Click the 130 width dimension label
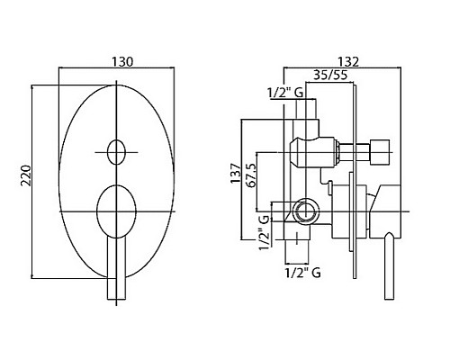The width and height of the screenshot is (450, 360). click(122, 62)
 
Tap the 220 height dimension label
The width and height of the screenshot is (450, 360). click(26, 175)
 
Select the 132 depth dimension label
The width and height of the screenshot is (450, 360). click(348, 62)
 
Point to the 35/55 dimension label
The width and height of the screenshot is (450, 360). click(330, 75)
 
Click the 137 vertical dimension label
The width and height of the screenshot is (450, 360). click(236, 174)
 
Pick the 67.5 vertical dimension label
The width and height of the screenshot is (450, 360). click(251, 175)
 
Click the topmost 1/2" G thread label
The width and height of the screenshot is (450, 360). click(285, 93)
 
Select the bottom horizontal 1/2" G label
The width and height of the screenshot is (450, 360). click(302, 273)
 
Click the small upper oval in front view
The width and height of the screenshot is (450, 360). click(116, 152)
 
